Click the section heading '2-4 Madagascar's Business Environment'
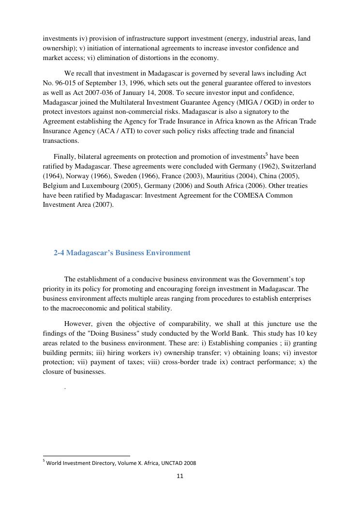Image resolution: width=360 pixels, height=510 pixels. pos(122,253)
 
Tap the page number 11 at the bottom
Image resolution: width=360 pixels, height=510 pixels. pos(180,476)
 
